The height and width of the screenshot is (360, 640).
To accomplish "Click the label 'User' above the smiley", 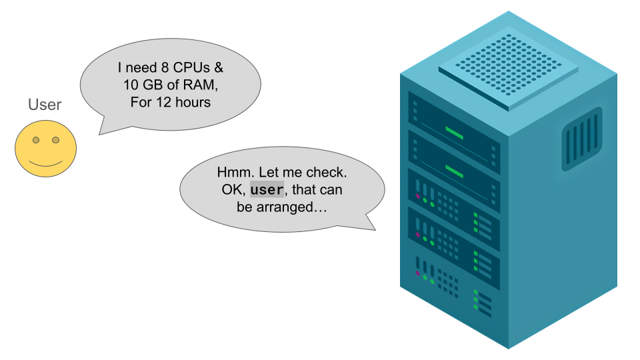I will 45,105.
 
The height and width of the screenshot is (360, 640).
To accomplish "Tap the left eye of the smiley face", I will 36,141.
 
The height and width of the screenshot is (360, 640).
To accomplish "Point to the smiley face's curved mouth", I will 46,163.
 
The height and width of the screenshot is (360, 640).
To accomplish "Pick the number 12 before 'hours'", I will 163,103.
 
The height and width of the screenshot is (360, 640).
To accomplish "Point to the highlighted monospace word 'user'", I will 267,190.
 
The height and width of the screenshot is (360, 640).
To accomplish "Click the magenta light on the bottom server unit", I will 418,273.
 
